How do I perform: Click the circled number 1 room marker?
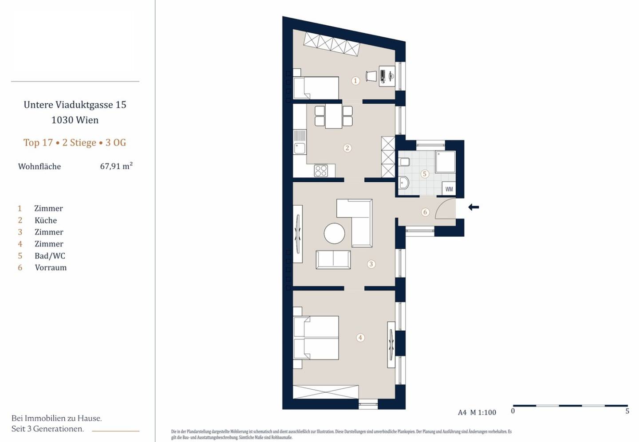click(355, 81)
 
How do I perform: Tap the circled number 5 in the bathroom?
click(425, 174)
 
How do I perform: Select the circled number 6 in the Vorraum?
click(425, 212)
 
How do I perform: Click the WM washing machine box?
click(449, 189)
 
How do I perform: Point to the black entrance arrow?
click(473, 207)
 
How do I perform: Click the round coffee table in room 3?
click(334, 233)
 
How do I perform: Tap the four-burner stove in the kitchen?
click(321, 171)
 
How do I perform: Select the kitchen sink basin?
click(300, 148)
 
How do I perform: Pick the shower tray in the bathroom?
click(446, 161)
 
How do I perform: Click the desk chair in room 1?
click(371, 76)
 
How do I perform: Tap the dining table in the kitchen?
click(334, 116)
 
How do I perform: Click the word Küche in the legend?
click(46, 220)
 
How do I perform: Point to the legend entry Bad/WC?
click(50, 256)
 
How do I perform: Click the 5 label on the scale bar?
click(627, 411)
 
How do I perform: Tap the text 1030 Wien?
click(75, 120)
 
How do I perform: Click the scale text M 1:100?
click(483, 412)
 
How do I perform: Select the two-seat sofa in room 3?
click(333, 260)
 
